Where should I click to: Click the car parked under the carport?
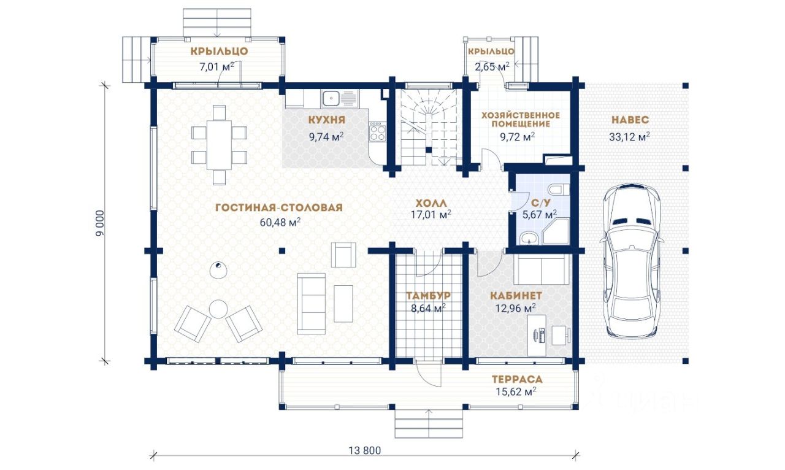632,261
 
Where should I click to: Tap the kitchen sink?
339,98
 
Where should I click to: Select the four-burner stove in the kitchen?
377,131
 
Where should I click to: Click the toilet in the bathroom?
559,190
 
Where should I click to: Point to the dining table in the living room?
219,145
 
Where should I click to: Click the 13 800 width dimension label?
364,450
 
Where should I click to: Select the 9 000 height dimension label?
100,223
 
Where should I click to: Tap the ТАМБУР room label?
428,296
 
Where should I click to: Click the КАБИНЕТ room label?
516,296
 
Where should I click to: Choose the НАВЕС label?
630,120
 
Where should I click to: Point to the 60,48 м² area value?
280,222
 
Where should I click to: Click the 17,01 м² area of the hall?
431,214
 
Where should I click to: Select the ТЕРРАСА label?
517,380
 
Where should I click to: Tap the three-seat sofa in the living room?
311,304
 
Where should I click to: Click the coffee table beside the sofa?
343,304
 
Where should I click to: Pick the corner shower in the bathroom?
557,231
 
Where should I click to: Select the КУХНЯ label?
327,120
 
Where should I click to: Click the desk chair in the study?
561,335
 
